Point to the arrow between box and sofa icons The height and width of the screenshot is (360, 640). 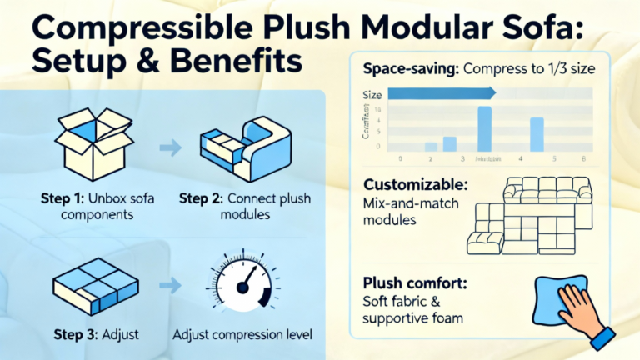coord(170,149)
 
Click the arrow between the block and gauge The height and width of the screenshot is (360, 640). coord(168,284)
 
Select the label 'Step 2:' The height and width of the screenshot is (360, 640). coord(205,199)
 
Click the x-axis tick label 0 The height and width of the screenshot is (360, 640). coord(401,158)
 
